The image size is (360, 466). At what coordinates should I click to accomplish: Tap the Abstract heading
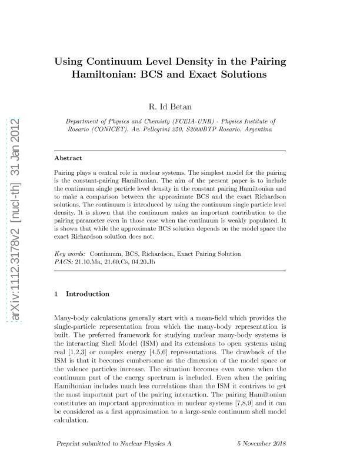[x=68, y=158]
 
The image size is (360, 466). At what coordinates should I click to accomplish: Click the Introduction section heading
[x=88, y=294]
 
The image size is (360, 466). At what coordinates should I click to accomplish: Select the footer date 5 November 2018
[x=262, y=443]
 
